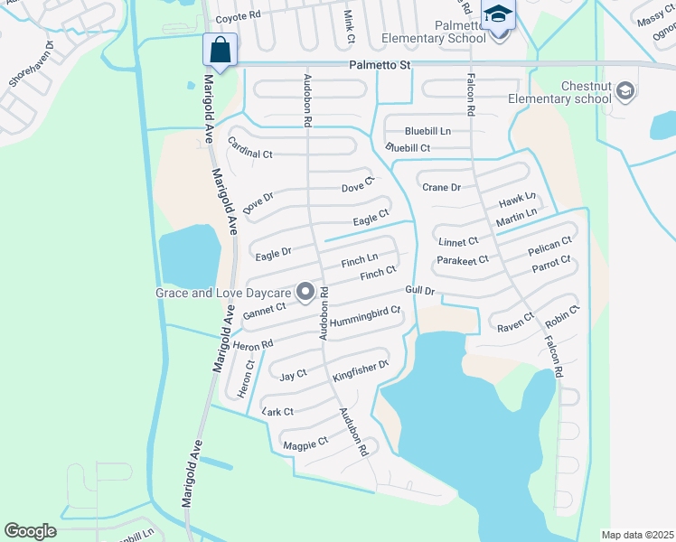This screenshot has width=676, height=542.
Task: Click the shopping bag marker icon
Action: click(221, 50)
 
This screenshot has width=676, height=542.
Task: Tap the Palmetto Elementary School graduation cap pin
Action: click(498, 15)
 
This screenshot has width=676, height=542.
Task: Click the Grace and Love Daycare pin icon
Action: click(305, 292)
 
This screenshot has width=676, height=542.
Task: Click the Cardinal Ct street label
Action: click(250, 148)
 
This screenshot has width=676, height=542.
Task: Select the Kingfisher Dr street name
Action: click(361, 369)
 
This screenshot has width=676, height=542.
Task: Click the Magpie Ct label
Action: click(305, 444)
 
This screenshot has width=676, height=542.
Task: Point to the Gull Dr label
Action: click(421, 291)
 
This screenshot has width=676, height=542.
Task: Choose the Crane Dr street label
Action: click(442, 187)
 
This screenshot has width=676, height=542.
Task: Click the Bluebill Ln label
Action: click(427, 131)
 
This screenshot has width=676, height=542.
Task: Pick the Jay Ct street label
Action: click(294, 375)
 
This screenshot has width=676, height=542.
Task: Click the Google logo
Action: click(31, 531)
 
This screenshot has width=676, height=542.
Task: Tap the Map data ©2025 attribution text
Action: click(637, 535)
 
